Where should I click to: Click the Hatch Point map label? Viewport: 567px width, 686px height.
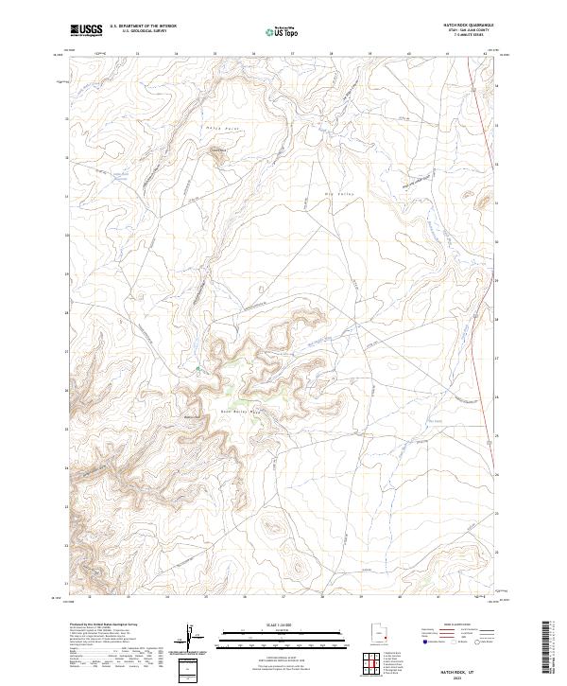[x=217, y=127]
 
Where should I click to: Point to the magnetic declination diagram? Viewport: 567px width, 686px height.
[x=193, y=638]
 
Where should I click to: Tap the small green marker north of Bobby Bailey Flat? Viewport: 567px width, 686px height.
[x=198, y=368]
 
